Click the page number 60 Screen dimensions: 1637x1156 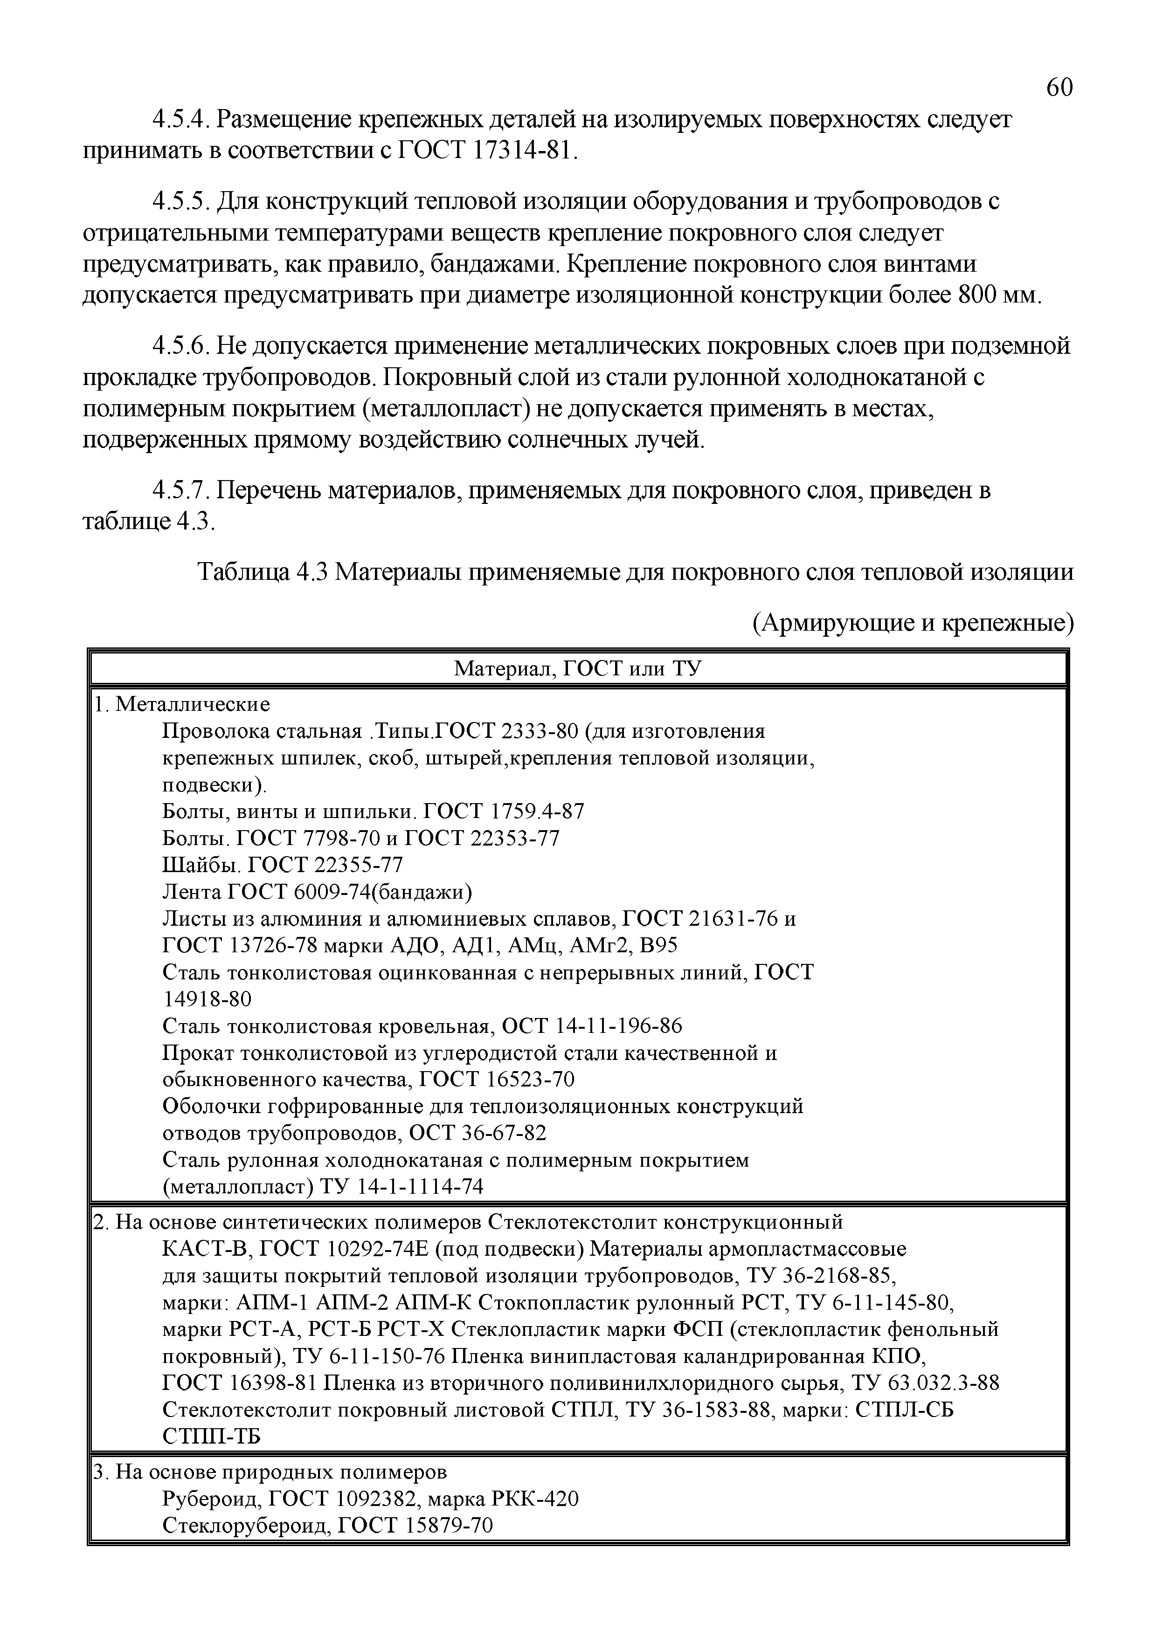point(1058,88)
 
